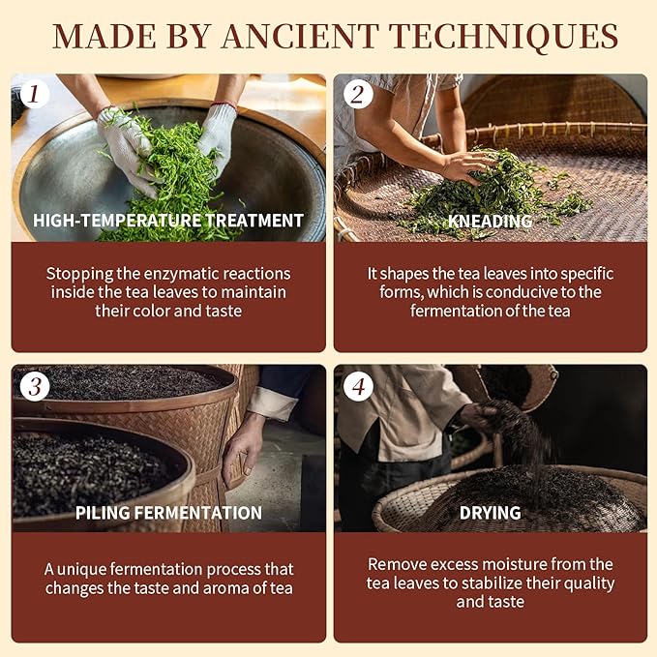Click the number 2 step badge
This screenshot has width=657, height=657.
(357, 95)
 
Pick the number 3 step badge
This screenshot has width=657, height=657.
(35, 386)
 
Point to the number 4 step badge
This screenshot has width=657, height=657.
(357, 386)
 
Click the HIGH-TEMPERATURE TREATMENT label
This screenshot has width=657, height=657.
(168, 221)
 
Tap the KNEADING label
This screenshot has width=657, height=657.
(490, 221)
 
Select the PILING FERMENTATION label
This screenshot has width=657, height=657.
(168, 513)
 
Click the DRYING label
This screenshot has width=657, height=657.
(490, 513)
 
